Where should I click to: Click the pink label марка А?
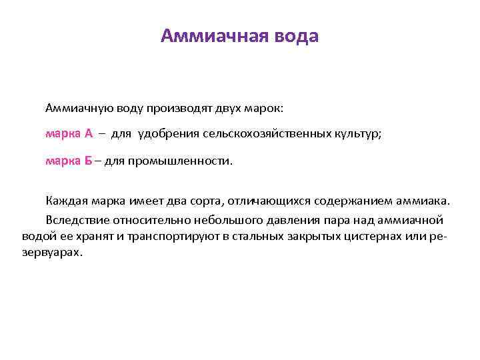pyautogui.click(x=69, y=133)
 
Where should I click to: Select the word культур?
pyautogui.click(x=359, y=133)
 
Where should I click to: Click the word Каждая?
pyautogui.click(x=65, y=201)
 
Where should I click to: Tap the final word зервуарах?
pyautogui.click(x=53, y=253)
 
